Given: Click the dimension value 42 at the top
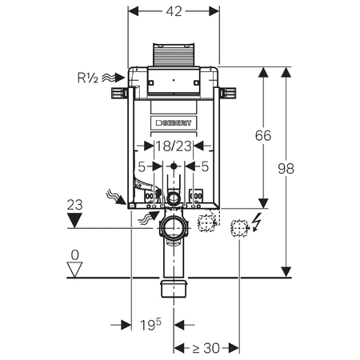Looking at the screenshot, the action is (174, 11).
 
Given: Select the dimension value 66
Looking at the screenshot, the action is (263, 135).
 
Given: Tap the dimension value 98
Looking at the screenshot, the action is (286, 169).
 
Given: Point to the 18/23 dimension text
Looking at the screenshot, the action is (174, 146).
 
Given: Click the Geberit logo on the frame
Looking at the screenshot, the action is (174, 123).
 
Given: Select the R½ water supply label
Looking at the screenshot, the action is (88, 78).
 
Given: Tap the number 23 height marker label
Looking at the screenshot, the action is (74, 205).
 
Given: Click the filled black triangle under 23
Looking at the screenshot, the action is (74, 220).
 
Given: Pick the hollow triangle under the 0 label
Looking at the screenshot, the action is (74, 270).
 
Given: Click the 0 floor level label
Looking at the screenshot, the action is (75, 255).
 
